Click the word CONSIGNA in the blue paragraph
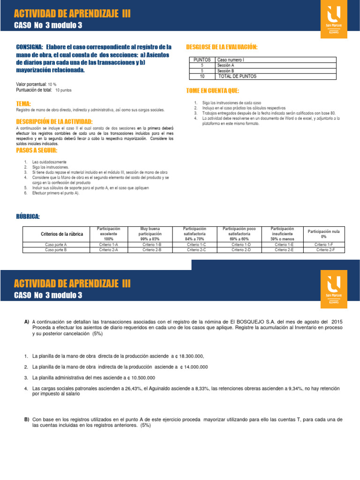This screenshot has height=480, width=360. coord(29,47)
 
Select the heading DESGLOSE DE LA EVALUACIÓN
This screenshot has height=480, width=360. coord(222,47)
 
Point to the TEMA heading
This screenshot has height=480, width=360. coord(23,103)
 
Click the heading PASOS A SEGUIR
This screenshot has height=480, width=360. coord(37,150)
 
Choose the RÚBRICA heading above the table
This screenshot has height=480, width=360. coord(28,217)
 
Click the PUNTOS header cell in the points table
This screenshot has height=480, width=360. coord(202,60)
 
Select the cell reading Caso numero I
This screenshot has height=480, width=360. coord(231,60)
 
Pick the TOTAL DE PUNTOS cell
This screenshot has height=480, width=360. coord(237,76)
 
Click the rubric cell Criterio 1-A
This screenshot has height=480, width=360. coord(108,245)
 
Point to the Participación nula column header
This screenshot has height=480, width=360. coord(324,233)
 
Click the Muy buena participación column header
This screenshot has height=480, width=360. coord(150,233)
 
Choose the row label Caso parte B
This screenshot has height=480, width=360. coord(56,250)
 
